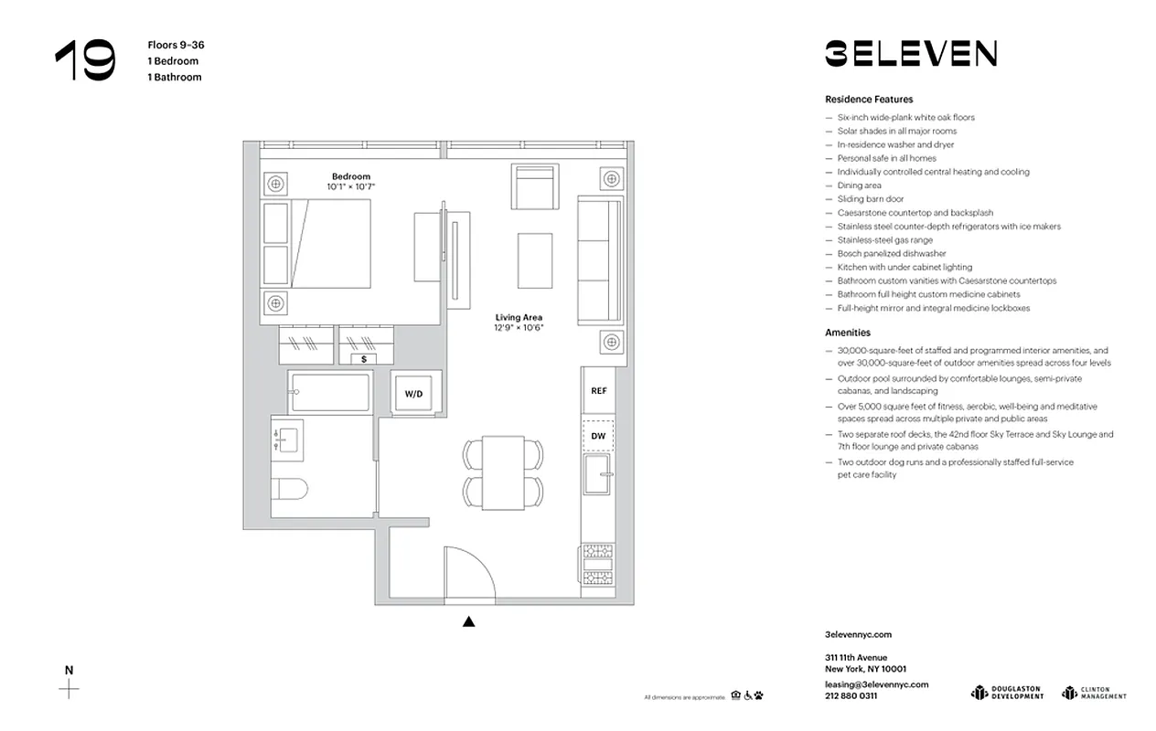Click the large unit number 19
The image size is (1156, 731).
point(85,61)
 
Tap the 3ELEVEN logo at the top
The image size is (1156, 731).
point(910,54)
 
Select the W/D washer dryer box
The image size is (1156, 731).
point(414,393)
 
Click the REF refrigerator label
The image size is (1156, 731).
point(599,390)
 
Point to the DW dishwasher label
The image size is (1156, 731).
point(599,436)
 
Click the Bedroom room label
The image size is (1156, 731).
point(351,176)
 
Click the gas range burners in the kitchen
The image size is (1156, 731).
point(599,564)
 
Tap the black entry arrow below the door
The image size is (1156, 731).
point(468,622)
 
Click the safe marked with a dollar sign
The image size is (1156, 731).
point(365,359)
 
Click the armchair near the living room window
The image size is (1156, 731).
point(535,186)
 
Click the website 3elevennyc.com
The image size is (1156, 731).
point(858,634)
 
